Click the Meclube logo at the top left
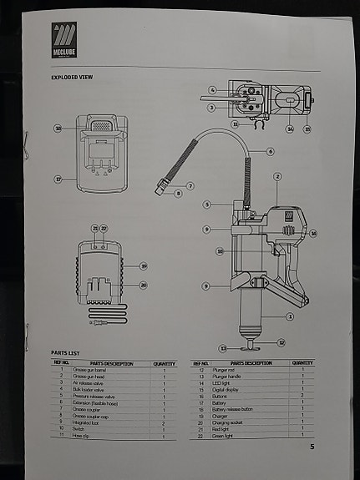click(x=64, y=39)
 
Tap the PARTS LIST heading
click(x=64, y=353)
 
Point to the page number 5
click(x=312, y=447)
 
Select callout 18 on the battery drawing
click(x=58, y=129)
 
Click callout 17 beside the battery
click(x=58, y=178)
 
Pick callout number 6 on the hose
click(x=271, y=152)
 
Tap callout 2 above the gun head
click(x=276, y=176)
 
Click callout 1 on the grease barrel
click(x=290, y=316)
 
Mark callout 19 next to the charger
click(x=143, y=266)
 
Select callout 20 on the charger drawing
click(x=143, y=285)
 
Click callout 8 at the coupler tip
click(x=178, y=194)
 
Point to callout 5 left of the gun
click(x=206, y=204)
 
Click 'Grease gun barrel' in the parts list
click(x=112, y=370)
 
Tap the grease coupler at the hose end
click(x=163, y=185)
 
